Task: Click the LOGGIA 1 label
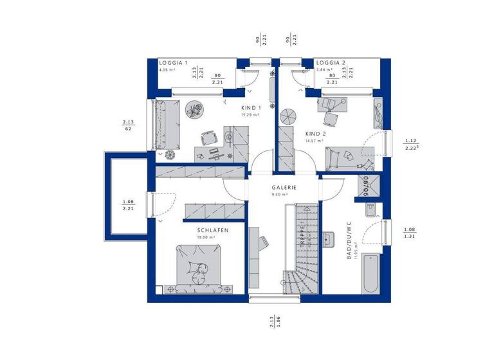click(173, 63)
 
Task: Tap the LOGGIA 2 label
click(331, 63)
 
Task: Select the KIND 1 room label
click(250, 108)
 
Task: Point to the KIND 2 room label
click(316, 134)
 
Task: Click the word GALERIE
click(283, 187)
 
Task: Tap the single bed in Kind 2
click(342, 156)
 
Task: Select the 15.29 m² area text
click(250, 115)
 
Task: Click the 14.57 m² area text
click(315, 141)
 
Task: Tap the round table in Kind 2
click(288, 116)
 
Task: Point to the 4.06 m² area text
click(169, 69)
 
